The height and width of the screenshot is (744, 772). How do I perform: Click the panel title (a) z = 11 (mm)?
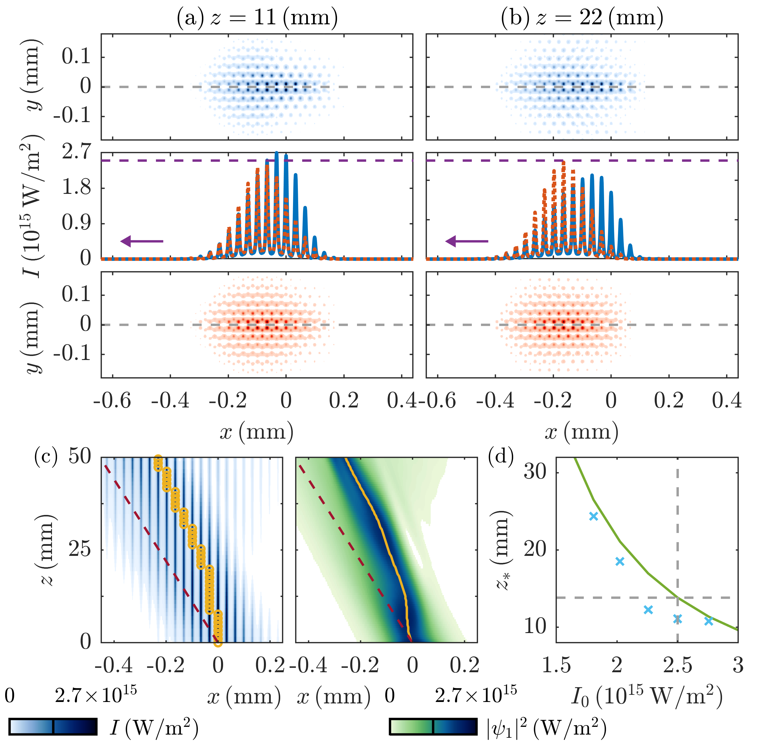pyautogui.click(x=257, y=18)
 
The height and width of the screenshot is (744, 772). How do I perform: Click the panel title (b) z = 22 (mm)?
pyautogui.click(x=582, y=18)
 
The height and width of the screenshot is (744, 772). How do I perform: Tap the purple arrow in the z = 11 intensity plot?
pyautogui.click(x=142, y=241)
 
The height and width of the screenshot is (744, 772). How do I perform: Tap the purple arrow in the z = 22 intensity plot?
pyautogui.click(x=467, y=241)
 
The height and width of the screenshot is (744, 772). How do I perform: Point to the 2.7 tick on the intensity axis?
pyautogui.click(x=77, y=152)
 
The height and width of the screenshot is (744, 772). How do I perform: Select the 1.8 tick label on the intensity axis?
pyautogui.click(x=77, y=188)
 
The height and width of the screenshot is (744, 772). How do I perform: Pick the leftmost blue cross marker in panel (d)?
pyautogui.click(x=593, y=516)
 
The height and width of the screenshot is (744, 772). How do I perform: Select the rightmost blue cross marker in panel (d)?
pyautogui.click(x=709, y=621)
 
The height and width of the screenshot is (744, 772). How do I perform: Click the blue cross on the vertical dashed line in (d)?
pyautogui.click(x=677, y=619)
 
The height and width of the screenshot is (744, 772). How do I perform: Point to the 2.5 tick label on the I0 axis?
pyautogui.click(x=677, y=666)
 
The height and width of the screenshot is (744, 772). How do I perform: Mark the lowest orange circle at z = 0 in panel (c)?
pyautogui.click(x=218, y=643)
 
